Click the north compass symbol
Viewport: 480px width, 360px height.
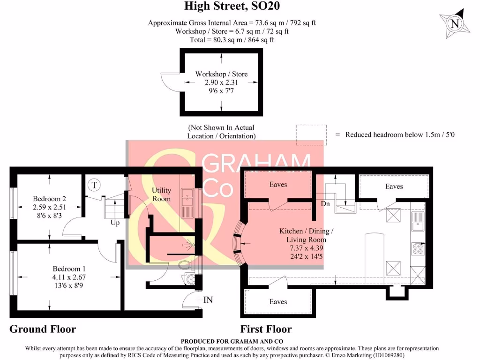click(454, 23)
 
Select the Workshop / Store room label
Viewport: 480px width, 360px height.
click(221, 74)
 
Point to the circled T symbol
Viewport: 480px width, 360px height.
click(94, 185)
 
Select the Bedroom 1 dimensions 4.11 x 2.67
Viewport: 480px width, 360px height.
click(69, 277)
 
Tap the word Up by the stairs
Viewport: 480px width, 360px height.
click(115, 223)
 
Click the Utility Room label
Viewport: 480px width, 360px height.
click(161, 195)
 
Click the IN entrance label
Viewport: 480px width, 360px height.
click(208, 300)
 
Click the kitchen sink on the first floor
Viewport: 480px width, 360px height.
click(417, 223)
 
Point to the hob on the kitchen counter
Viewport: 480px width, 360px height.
click(417, 248)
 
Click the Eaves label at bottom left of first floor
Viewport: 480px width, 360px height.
click(278, 301)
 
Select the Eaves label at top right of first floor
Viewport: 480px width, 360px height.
click(394, 186)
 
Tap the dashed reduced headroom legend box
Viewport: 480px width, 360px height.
click(311, 135)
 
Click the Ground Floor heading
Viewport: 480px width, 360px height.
click(43, 329)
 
